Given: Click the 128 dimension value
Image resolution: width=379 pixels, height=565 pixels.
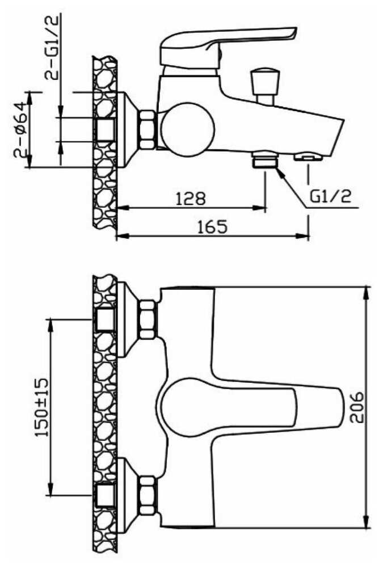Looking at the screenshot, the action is [x=191, y=198].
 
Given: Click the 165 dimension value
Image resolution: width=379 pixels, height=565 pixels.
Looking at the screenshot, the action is [x=213, y=226].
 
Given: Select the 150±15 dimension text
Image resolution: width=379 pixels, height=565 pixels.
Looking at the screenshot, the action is [x=42, y=407].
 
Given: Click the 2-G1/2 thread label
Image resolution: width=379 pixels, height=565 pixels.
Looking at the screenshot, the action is [x=51, y=48].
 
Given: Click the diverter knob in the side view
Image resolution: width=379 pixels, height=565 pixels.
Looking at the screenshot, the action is [x=265, y=86].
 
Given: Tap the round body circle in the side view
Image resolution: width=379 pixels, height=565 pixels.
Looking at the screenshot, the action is [x=188, y=130].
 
